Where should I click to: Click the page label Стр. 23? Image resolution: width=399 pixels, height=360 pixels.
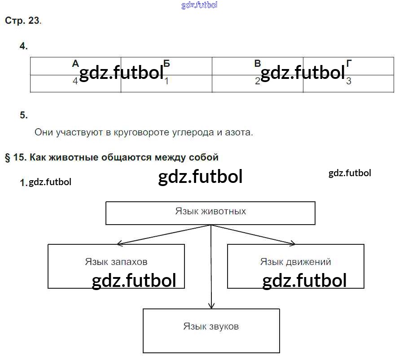(23, 21)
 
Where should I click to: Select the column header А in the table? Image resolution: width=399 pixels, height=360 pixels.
(75, 63)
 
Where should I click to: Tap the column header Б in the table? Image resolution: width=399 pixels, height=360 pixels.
(167, 63)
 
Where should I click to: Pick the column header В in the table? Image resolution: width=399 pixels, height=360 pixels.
(258, 63)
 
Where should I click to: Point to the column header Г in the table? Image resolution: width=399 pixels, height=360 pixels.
(349, 63)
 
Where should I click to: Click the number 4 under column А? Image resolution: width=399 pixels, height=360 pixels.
(75, 81)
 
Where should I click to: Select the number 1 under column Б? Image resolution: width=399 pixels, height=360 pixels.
(167, 81)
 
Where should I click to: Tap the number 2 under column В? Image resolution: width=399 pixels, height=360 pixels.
(258, 81)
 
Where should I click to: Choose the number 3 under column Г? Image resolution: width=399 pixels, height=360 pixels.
(349, 81)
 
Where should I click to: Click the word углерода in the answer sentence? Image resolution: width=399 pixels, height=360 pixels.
(193, 132)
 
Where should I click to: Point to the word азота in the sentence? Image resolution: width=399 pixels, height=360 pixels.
(239, 132)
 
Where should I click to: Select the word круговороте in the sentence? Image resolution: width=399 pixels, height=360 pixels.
(141, 132)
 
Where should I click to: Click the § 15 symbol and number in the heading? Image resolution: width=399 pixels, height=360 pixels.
(16, 157)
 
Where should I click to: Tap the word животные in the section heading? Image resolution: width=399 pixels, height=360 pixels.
(74, 157)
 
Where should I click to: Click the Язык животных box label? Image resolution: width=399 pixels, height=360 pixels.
(210, 211)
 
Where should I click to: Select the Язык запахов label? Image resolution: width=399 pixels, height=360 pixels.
(116, 262)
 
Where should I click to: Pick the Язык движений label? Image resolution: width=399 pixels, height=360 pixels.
(295, 262)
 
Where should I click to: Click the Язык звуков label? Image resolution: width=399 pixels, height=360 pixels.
(211, 326)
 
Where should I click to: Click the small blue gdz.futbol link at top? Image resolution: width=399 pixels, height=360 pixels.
(199, 5)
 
